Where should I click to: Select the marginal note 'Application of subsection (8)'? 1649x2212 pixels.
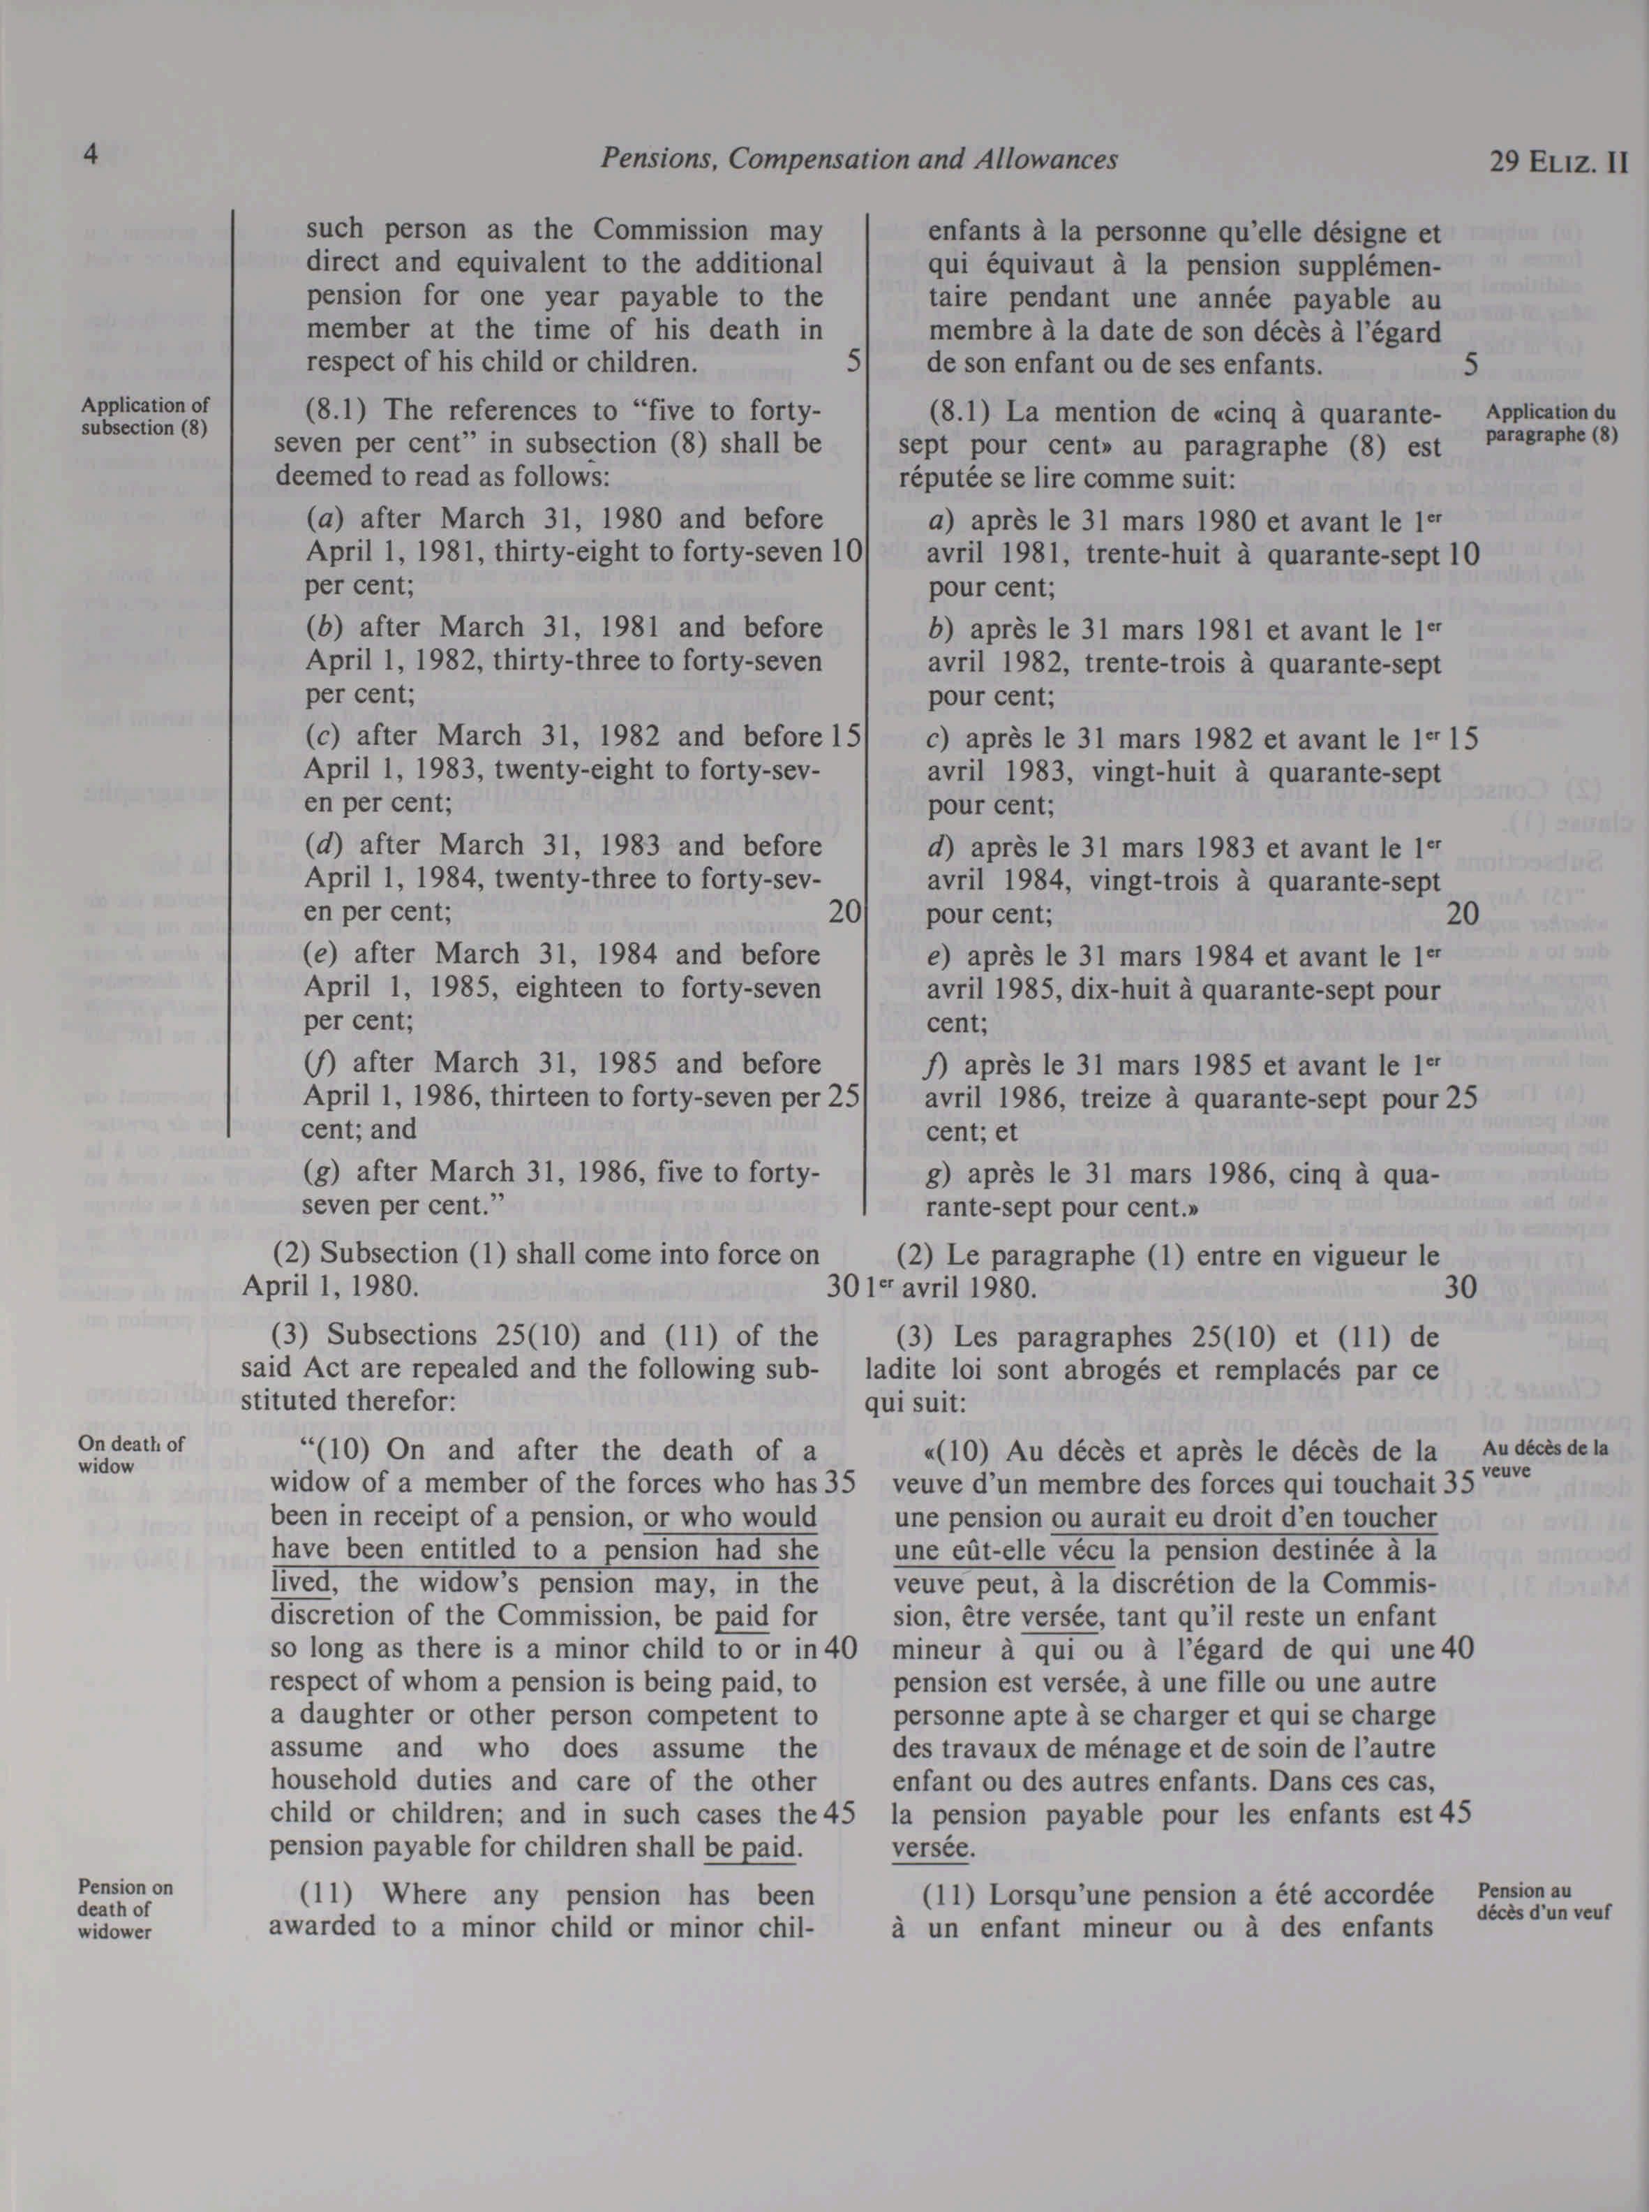[144, 416]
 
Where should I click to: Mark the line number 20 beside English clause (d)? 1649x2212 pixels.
[844, 912]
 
